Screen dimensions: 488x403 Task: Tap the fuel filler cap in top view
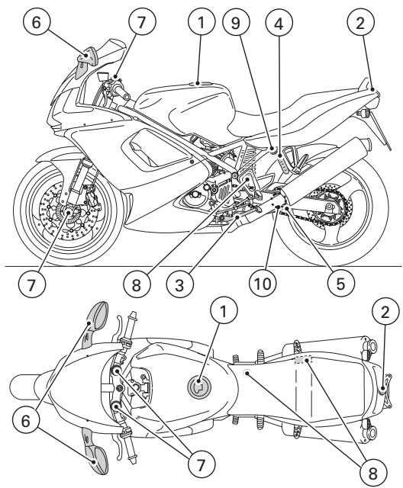coord(198,385)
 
